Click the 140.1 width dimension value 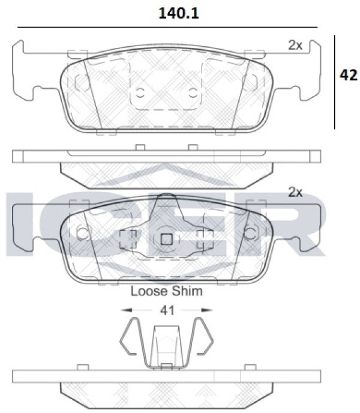(179, 13)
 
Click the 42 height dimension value (349, 75)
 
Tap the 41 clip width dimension (167, 310)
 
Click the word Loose (149, 291)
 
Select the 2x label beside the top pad (295, 45)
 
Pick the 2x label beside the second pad (295, 192)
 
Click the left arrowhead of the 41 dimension (126, 310)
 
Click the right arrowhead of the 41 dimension (207, 310)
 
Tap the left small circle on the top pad (140, 92)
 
